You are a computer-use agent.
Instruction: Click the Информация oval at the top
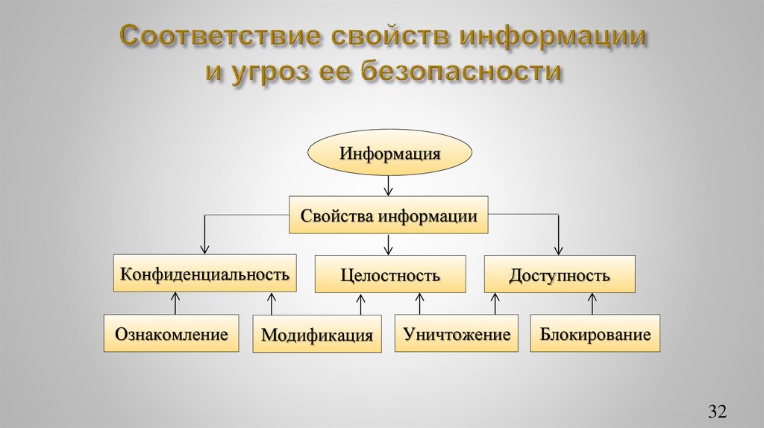click(390, 155)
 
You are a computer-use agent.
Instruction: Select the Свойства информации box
click(389, 215)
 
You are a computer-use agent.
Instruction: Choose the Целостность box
click(389, 274)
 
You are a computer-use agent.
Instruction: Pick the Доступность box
click(560, 274)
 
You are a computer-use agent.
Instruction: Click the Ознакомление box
click(171, 333)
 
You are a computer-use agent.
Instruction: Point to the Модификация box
click(317, 333)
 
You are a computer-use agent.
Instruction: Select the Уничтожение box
click(457, 333)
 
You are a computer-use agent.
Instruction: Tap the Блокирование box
click(595, 333)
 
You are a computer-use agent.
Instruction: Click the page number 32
click(717, 411)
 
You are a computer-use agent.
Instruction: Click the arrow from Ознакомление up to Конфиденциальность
click(176, 303)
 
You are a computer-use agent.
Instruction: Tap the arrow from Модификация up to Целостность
click(362, 304)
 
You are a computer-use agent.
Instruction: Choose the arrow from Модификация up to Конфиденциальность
click(270, 304)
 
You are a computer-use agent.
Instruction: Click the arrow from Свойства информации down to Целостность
click(388, 244)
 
